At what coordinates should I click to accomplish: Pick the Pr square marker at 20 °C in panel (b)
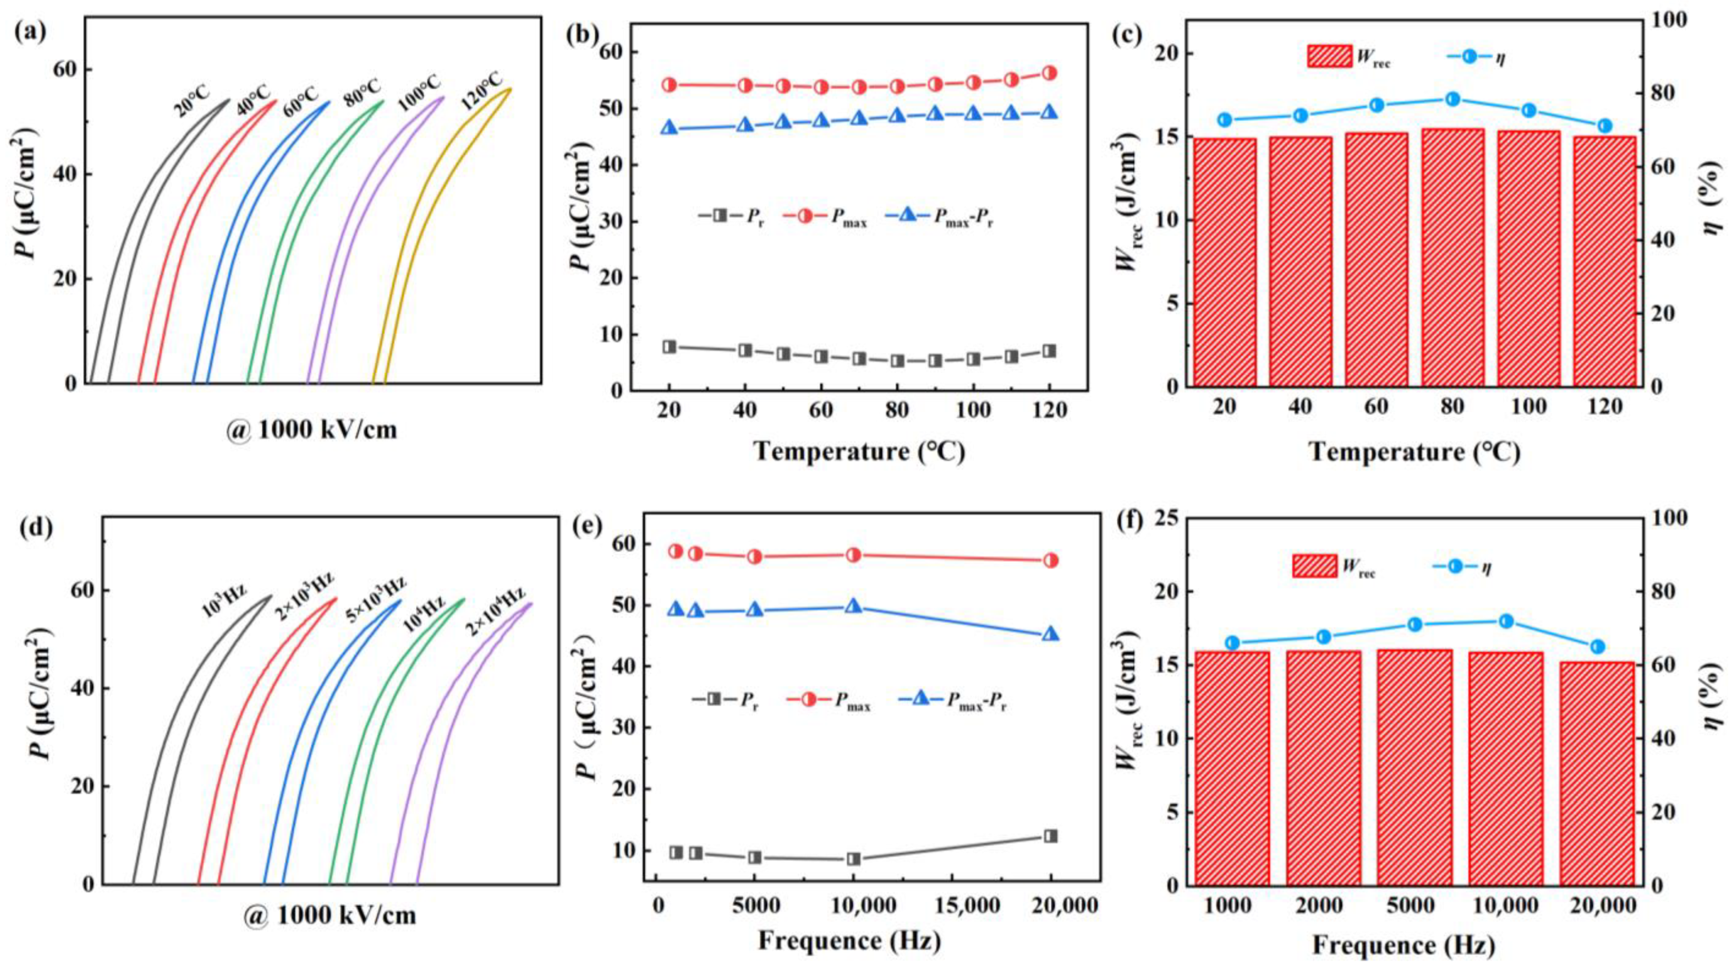(669, 347)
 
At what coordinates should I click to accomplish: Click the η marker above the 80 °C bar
(1453, 99)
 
